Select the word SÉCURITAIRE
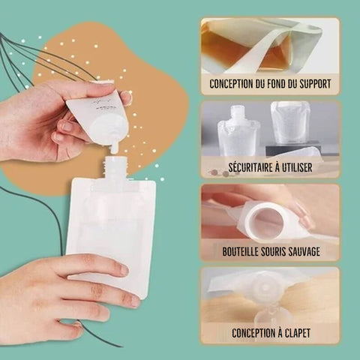click(x=250, y=167)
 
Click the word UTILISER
click(x=297, y=167)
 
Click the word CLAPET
click(x=298, y=333)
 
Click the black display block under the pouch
click(x=293, y=148)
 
